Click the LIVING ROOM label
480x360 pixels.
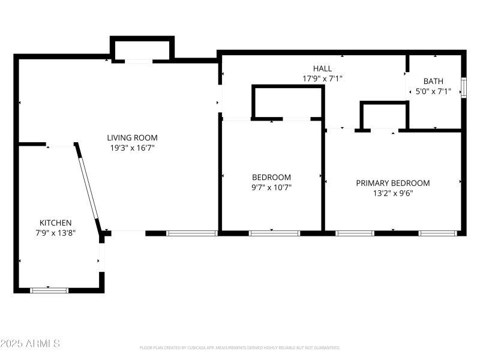click(x=132, y=137)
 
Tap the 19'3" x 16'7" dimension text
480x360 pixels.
click(x=132, y=148)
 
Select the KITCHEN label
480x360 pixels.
click(x=56, y=222)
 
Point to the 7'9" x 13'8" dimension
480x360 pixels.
click(x=56, y=233)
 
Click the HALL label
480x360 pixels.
click(x=322, y=68)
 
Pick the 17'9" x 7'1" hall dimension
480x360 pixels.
click(x=322, y=79)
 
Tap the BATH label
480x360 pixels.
click(x=433, y=81)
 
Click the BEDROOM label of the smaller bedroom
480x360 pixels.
click(x=271, y=177)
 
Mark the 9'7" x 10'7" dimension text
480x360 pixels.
click(x=271, y=187)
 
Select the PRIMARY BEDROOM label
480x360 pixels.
click(x=393, y=183)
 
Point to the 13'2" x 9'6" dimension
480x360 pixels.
click(x=393, y=193)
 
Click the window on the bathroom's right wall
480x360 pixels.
click(x=463, y=87)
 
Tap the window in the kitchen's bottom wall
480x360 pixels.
click(x=49, y=290)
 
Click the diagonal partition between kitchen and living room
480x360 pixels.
click(x=89, y=186)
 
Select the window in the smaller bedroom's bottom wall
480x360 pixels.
click(x=274, y=233)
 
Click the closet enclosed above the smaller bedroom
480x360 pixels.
click(x=287, y=103)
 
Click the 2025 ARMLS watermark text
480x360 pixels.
click(x=30, y=344)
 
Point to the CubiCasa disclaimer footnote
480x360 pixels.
click(x=240, y=348)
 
